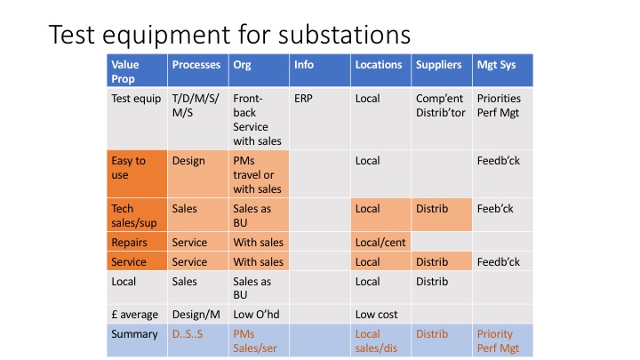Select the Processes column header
pos(196,65)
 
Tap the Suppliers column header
pos(438,65)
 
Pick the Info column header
pos(304,65)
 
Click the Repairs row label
pos(130,242)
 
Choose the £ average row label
pos(135,314)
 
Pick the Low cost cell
pos(377,314)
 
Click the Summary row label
pos(132,334)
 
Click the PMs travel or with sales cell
pos(257,174)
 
